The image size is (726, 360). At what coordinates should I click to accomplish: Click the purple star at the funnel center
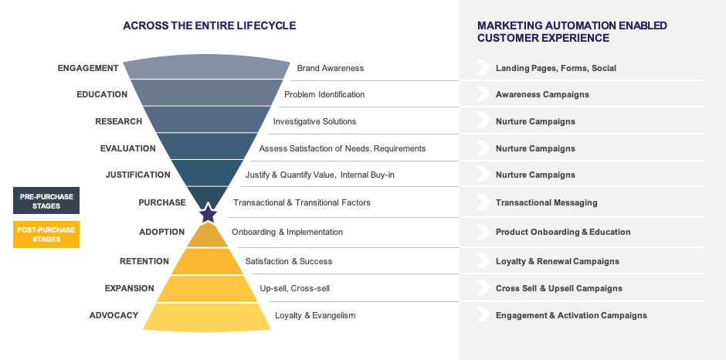coord(208,213)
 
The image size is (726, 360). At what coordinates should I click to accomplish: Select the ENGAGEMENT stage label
coord(88,68)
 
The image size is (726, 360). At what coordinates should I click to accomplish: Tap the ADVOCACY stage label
coord(114,315)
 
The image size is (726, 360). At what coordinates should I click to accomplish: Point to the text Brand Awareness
coord(330,68)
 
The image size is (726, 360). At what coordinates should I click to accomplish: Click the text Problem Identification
coord(324,94)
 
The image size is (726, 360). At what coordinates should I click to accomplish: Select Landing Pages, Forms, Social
coord(555,68)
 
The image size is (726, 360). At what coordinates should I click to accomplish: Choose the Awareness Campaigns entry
coord(542,94)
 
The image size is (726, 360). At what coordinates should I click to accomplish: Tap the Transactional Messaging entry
coord(546,202)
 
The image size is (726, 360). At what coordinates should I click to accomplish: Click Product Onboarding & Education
coord(563,232)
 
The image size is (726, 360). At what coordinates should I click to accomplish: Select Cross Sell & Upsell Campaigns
coord(558,288)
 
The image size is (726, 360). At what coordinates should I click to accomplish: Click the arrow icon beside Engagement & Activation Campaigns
coord(483,315)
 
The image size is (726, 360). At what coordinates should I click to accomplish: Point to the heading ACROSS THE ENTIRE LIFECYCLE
coord(209,25)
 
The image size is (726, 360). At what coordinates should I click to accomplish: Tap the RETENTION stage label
coord(144,262)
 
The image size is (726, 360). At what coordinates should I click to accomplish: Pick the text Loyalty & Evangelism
coord(315,315)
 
